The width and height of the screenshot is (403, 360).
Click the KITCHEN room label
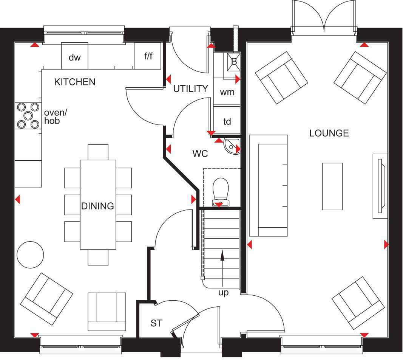tap(75, 82)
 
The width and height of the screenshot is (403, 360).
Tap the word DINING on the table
tap(98, 206)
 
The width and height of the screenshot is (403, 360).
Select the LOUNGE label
tap(329, 133)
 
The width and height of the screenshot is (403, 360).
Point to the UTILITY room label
tap(190, 88)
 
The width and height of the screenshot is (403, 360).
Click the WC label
tap(200, 154)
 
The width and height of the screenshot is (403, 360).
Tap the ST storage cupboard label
tap(156, 323)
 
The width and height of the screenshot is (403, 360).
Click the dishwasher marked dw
tap(74, 56)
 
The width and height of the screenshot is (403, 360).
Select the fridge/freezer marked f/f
tap(148, 56)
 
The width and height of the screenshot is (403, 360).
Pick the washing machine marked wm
tap(227, 92)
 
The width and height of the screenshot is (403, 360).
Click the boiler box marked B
tap(234, 62)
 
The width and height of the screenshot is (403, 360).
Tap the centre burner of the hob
tap(28, 115)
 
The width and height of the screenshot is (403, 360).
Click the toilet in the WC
tap(221, 192)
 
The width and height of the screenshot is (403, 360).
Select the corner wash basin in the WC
tap(232, 146)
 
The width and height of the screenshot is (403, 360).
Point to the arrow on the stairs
tap(222, 268)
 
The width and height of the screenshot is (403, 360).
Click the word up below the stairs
tap(223, 293)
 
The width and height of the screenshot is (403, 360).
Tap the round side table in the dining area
tap(30, 255)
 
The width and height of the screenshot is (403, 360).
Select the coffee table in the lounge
tap(332, 186)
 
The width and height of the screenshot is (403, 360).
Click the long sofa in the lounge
tap(268, 186)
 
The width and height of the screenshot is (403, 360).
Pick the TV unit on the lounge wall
tap(380, 186)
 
